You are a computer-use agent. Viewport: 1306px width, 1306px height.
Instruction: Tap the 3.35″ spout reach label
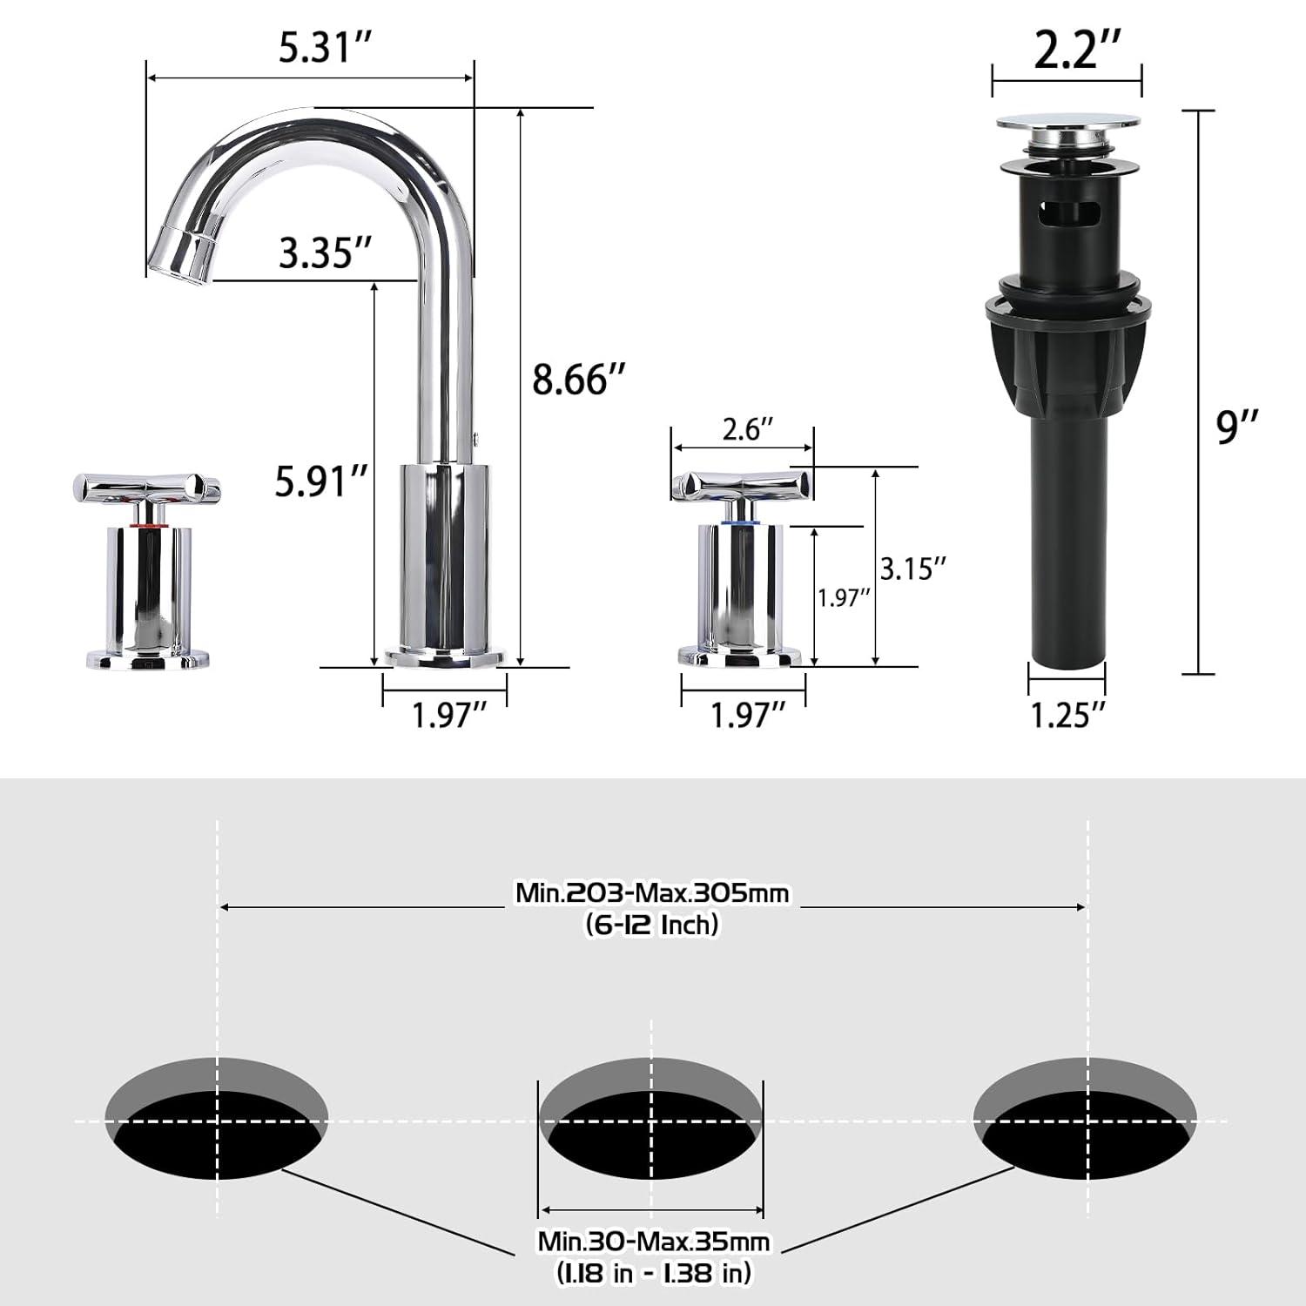(x=326, y=253)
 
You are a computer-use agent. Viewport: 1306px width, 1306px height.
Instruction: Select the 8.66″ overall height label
(x=579, y=380)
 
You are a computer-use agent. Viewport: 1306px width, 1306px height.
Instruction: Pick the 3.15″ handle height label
(x=912, y=569)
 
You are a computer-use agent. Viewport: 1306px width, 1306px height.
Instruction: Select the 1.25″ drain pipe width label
(x=1067, y=715)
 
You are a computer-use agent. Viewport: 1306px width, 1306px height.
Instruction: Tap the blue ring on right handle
(x=741, y=522)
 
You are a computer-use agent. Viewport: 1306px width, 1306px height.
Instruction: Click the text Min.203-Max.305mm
(x=652, y=893)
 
